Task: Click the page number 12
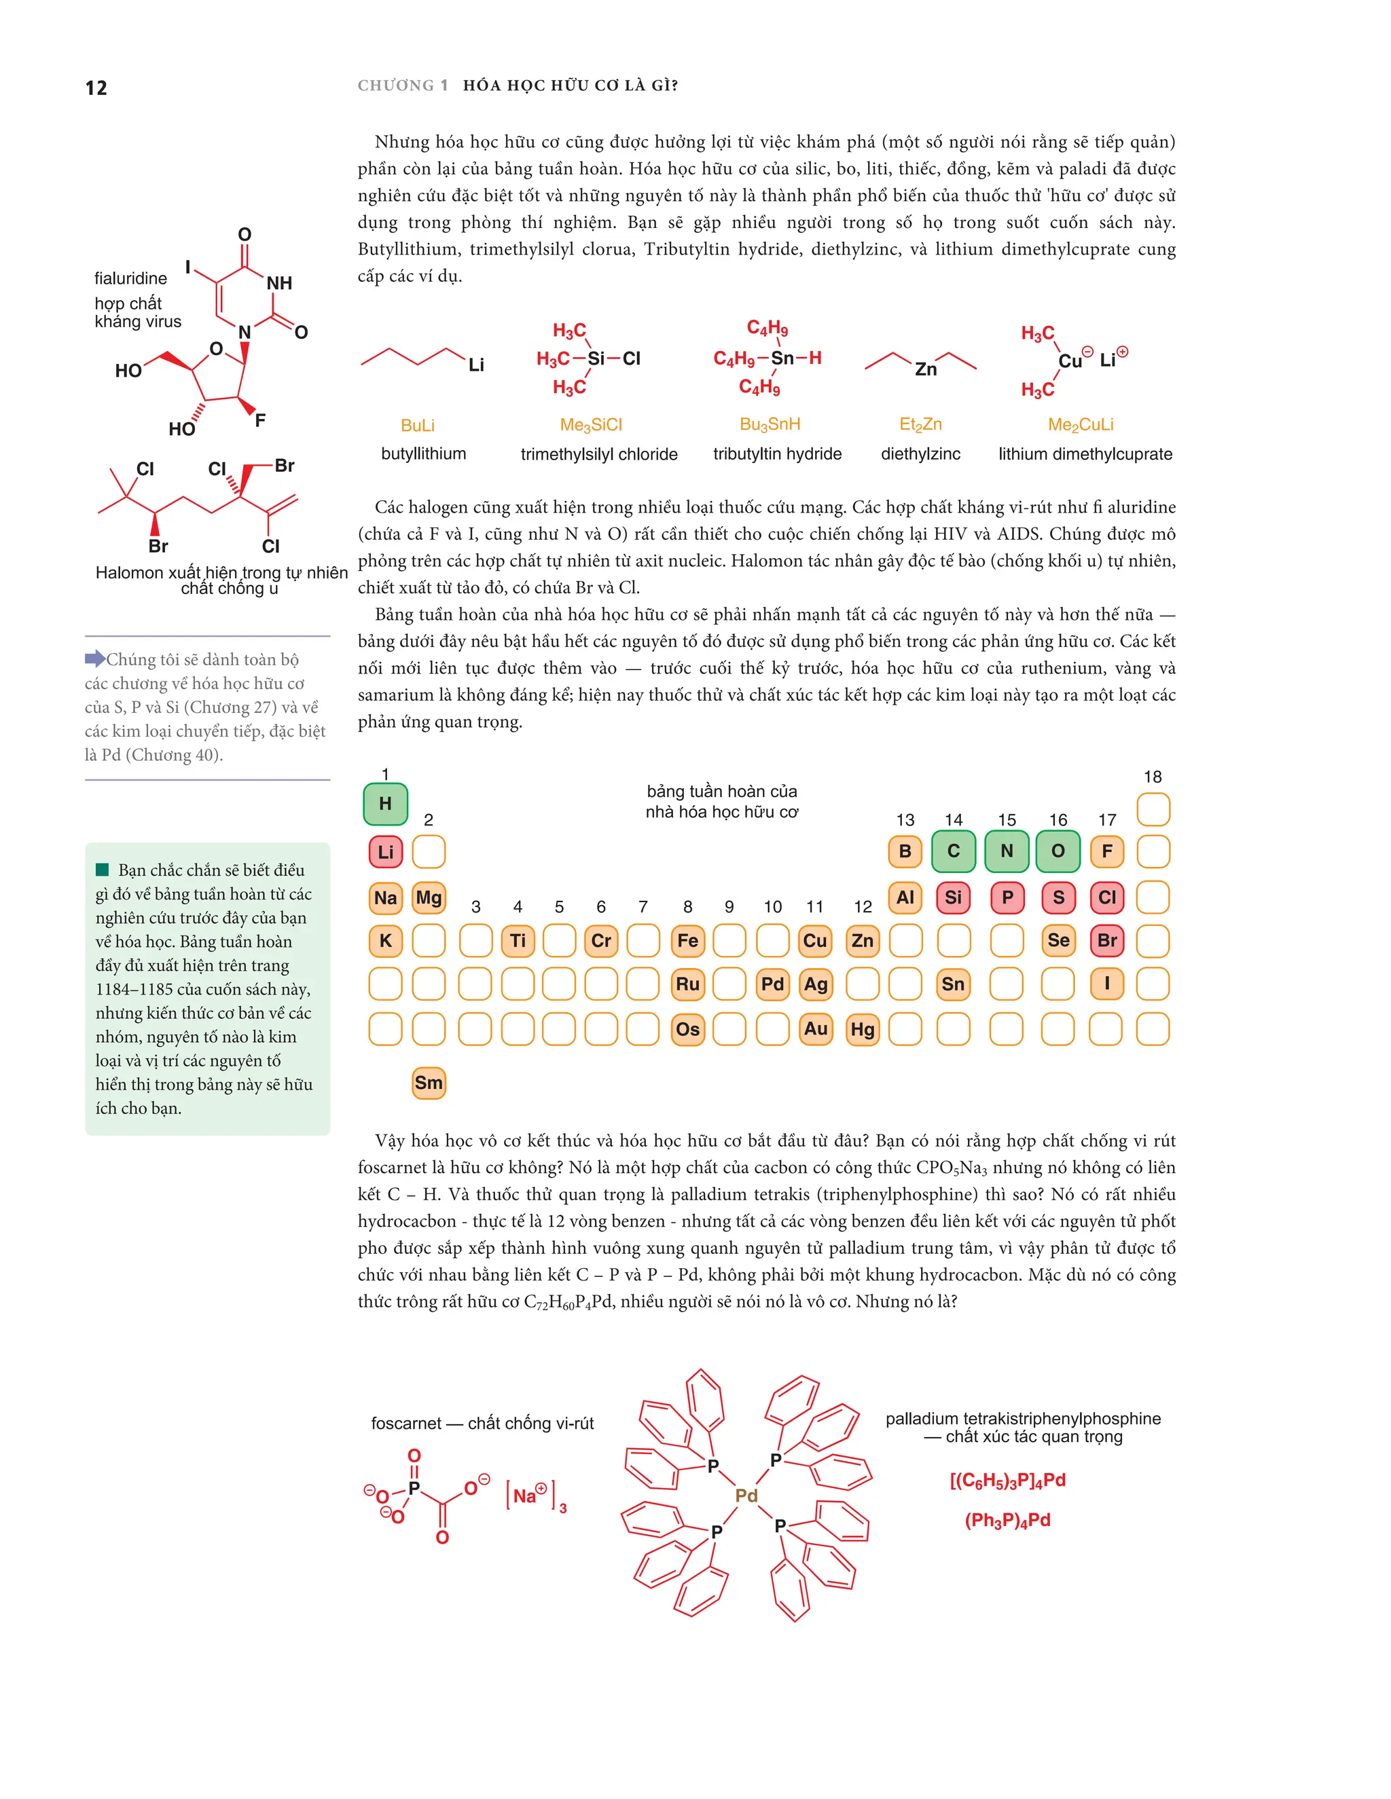click(96, 88)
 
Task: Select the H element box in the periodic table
click(385, 803)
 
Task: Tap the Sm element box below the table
click(429, 1082)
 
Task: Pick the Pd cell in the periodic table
click(772, 984)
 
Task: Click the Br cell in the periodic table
click(1106, 940)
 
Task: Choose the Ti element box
click(518, 940)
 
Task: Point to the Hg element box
click(862, 1028)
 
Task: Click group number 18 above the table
click(1152, 777)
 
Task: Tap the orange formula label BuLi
click(417, 425)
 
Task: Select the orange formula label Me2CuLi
click(1081, 424)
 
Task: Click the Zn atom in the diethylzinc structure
click(926, 369)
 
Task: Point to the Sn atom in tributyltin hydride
click(782, 358)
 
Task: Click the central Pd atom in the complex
click(746, 1494)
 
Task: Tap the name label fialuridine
click(130, 278)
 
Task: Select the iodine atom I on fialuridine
click(188, 267)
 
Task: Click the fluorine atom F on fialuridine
click(260, 420)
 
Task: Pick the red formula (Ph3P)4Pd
click(1007, 1520)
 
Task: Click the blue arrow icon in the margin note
click(95, 658)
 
